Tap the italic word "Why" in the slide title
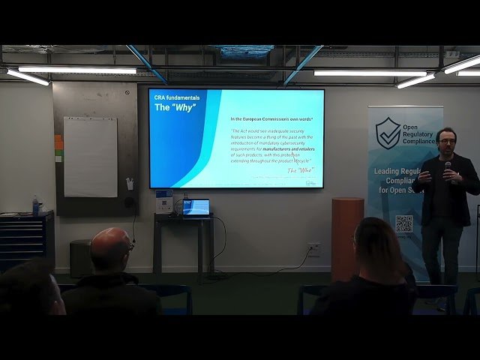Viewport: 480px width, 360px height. click(x=184, y=108)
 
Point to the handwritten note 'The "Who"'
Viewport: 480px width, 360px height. click(x=301, y=170)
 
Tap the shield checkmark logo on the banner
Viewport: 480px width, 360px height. click(x=388, y=133)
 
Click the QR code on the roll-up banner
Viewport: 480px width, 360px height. click(x=404, y=223)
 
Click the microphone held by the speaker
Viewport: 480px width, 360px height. click(x=448, y=167)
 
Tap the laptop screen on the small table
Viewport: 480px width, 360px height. click(x=196, y=207)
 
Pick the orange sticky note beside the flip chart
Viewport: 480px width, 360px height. click(x=58, y=141)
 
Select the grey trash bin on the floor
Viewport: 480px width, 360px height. click(x=80, y=257)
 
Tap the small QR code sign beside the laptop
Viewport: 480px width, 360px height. click(x=164, y=202)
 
